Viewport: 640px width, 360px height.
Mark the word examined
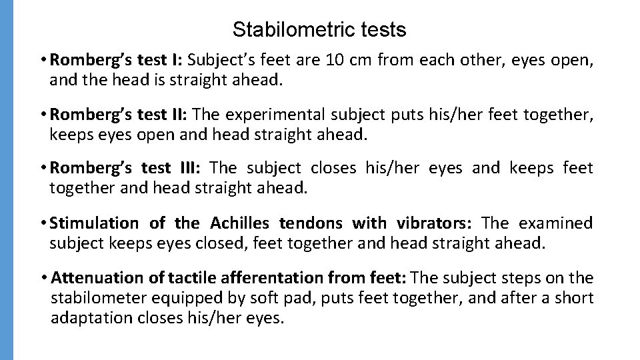click(557, 223)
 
